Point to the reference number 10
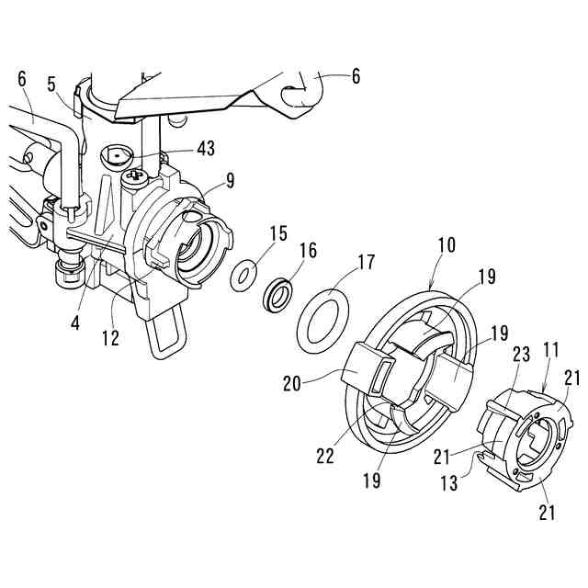[x=446, y=247]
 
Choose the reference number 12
[x=110, y=337]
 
